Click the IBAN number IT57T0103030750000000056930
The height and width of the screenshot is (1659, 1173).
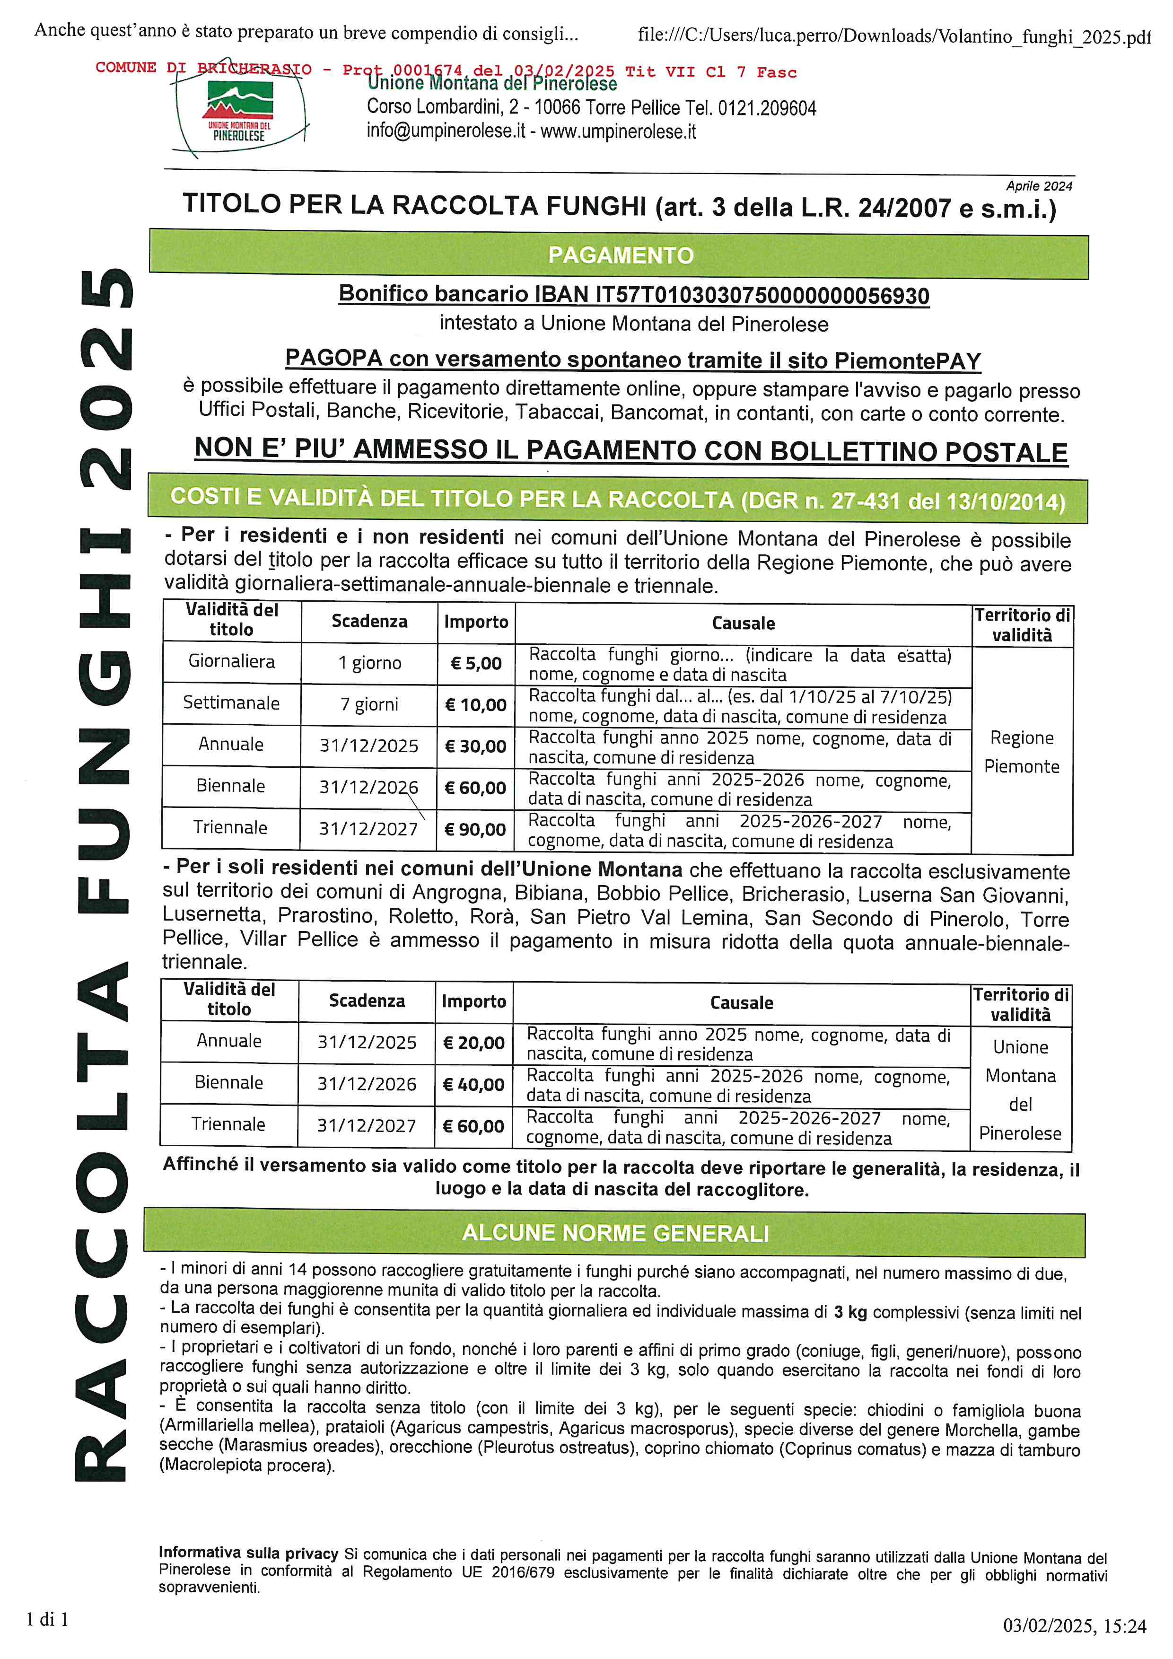click(762, 296)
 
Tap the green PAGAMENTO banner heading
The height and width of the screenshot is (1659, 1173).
click(620, 255)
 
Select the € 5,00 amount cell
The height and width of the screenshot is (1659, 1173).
click(476, 663)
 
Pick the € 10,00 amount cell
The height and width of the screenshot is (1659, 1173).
click(476, 704)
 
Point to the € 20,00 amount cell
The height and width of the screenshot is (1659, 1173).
click(474, 1043)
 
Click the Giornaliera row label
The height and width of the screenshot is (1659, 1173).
click(231, 661)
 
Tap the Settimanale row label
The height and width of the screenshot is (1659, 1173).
click(231, 703)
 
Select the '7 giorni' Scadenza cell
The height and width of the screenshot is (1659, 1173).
click(369, 704)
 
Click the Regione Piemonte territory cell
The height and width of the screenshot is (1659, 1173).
click(1021, 752)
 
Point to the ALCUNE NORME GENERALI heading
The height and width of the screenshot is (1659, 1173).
click(615, 1233)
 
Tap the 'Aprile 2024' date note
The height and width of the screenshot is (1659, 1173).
click(1039, 186)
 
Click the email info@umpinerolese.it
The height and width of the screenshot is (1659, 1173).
click(446, 132)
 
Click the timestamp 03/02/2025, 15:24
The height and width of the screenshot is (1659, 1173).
click(1074, 1626)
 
